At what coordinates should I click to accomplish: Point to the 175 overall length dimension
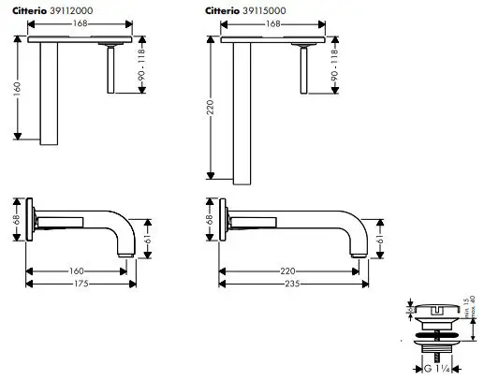(x=81, y=282)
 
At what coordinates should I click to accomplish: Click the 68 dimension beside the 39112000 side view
(x=16, y=219)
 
